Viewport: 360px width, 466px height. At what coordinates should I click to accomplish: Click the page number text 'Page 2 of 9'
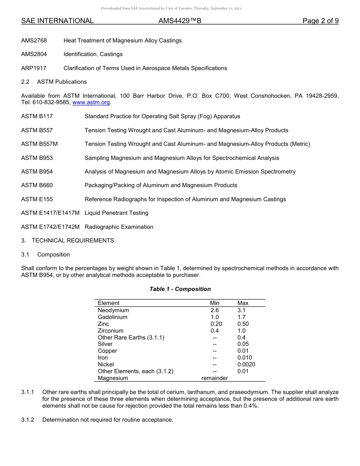320,21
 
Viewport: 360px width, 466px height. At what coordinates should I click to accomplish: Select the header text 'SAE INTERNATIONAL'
57,21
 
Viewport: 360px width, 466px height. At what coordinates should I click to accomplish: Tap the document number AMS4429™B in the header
180,21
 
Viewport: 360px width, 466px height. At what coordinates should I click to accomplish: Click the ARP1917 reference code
34,68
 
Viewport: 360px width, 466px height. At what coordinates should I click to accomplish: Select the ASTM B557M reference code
39,144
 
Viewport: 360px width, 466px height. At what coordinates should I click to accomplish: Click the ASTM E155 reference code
37,199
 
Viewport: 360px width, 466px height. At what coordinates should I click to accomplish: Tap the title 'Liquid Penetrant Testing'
116,213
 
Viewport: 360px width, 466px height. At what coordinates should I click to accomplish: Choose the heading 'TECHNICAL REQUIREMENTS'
73,241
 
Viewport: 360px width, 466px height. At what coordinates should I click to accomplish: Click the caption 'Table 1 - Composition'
180,289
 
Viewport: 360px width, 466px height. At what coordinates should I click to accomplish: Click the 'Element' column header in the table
108,303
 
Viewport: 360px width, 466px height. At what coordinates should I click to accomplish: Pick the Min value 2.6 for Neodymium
214,310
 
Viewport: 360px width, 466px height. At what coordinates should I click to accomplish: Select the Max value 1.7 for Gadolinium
241,317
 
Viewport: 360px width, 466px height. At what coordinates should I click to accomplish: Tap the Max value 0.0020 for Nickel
246,364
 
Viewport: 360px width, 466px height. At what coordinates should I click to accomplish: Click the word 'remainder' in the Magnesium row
214,378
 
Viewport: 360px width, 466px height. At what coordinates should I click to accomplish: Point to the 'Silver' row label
105,344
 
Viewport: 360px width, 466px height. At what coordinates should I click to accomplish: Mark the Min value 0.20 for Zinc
216,324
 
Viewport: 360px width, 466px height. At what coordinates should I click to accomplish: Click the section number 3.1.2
28,420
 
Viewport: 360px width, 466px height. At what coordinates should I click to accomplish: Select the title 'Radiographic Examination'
119,227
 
